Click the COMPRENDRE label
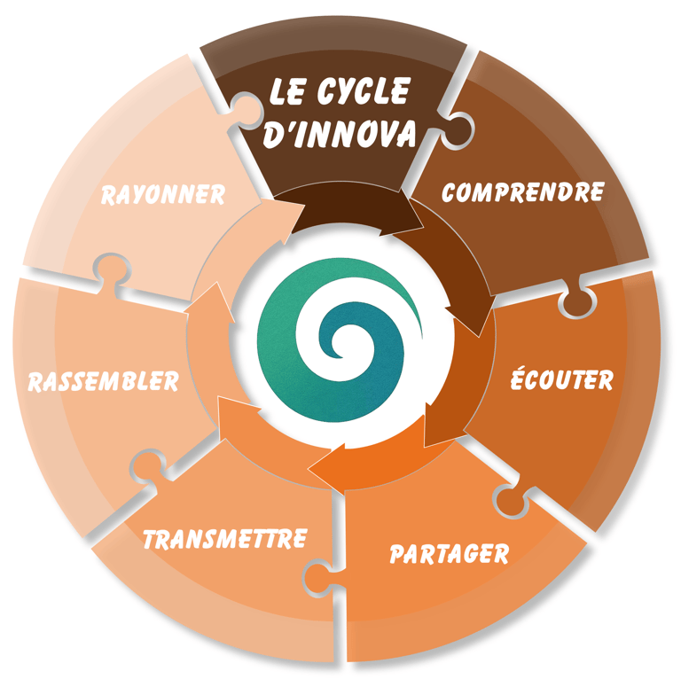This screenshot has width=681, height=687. [522, 192]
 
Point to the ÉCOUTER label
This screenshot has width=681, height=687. [561, 380]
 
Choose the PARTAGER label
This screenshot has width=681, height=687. [449, 554]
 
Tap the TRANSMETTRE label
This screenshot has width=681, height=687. [225, 538]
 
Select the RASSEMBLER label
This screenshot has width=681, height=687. [103, 382]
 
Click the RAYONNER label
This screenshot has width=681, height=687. [162, 194]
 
